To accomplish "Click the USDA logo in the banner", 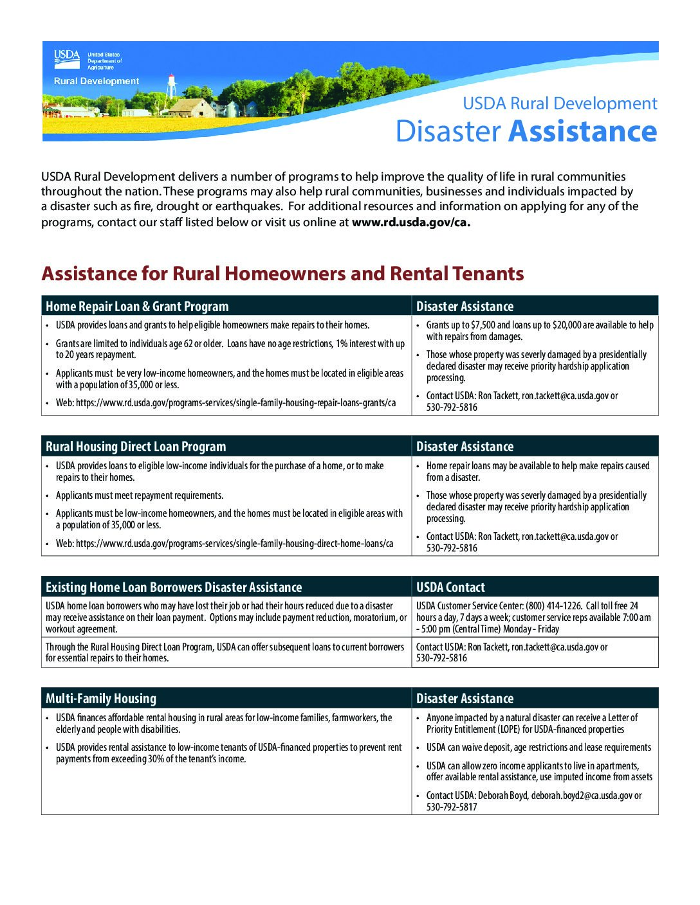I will point(67,58).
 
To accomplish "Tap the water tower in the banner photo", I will point(171,89).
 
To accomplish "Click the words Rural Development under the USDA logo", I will point(97,81).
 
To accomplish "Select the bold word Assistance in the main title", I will point(583,131).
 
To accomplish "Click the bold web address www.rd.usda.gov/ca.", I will point(411,222).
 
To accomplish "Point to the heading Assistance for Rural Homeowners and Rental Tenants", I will point(282,274).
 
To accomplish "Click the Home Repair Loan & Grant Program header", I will point(137,307).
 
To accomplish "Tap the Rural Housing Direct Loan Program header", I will point(136,447).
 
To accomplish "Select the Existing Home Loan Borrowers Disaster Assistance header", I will point(174,587).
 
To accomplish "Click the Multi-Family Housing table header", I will point(101,699).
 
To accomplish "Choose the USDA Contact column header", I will point(450,587).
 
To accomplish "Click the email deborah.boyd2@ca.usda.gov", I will point(581,796).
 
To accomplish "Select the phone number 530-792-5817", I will point(452,807).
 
